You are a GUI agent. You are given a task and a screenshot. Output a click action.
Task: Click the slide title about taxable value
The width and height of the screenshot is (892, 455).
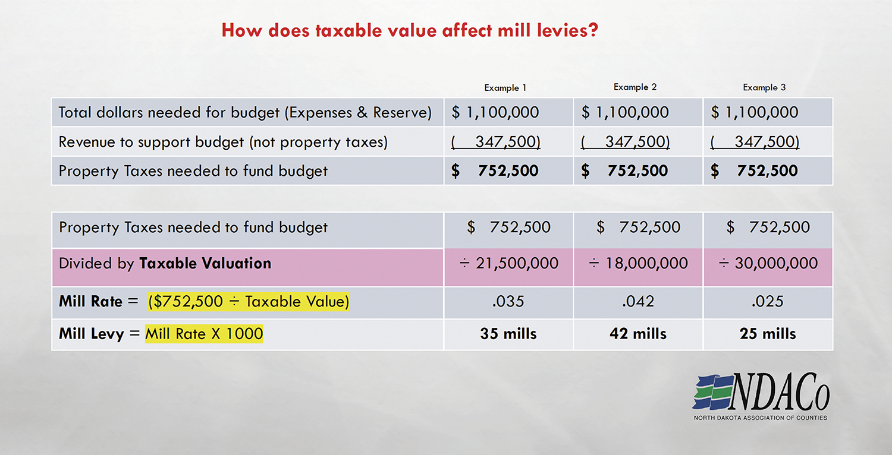tap(409, 30)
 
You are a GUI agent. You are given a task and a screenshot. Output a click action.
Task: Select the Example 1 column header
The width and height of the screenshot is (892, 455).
tap(505, 88)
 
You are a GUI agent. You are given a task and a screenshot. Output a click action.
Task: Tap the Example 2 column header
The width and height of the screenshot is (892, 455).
tap(635, 87)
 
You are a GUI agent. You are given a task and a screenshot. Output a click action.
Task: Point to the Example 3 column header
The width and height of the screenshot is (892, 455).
tap(764, 88)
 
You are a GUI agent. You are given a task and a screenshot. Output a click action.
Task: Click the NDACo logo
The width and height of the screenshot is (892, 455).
tap(761, 397)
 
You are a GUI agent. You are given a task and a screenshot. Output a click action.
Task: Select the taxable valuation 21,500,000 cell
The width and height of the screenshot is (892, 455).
tap(509, 263)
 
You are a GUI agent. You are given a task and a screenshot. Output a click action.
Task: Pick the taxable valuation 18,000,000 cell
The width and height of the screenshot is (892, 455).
tap(638, 263)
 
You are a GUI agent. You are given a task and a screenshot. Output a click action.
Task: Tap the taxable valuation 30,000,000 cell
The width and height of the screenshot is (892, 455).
tap(768, 263)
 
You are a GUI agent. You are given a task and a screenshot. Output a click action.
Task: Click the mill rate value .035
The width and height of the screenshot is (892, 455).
tap(508, 301)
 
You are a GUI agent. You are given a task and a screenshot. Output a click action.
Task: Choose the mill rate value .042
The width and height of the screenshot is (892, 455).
tap(637, 301)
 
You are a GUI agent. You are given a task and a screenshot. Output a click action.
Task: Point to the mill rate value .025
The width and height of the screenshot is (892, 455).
tap(767, 301)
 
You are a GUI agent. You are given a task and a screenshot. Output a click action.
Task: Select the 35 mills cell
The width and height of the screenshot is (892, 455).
tap(508, 334)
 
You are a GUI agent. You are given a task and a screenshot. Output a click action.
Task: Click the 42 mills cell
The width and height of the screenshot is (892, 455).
tap(637, 334)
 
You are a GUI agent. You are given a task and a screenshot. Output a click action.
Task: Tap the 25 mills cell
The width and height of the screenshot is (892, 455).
tap(767, 334)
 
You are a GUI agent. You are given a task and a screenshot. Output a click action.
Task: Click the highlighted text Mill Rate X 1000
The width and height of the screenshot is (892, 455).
tap(204, 334)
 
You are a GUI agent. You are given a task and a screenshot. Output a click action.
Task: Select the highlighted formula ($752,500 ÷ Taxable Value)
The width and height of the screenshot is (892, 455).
tap(249, 301)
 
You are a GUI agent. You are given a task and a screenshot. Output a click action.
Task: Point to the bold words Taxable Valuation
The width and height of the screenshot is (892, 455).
tap(205, 263)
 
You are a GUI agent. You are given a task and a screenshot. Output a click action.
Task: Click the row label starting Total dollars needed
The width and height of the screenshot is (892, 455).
tap(245, 112)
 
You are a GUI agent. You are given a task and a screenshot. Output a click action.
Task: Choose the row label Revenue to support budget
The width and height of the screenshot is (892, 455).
tap(223, 142)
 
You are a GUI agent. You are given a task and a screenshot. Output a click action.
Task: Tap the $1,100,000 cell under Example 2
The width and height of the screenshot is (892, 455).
tap(625, 112)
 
